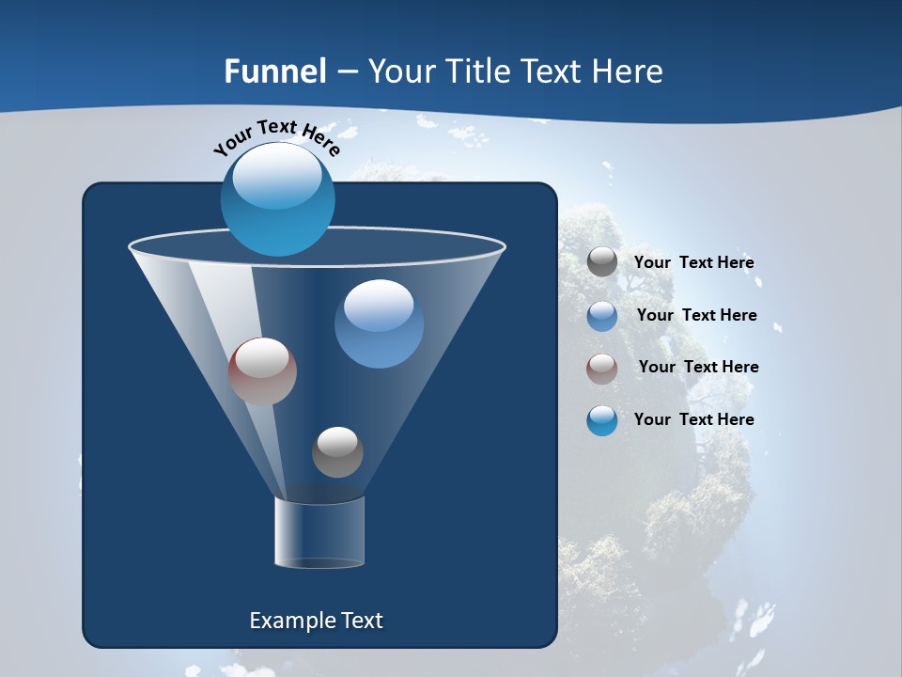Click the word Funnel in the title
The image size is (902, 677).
[x=275, y=71]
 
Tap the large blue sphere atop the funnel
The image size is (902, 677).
[x=278, y=198]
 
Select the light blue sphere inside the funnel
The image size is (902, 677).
[x=379, y=323]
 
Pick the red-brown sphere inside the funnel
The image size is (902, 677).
[x=262, y=370]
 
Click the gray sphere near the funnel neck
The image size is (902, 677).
[x=337, y=451]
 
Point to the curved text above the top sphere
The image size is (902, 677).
[x=277, y=136]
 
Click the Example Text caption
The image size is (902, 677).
[x=316, y=621]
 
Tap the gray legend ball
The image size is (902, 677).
[x=602, y=262]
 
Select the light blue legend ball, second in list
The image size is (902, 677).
[x=602, y=316]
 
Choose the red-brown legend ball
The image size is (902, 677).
[x=602, y=368]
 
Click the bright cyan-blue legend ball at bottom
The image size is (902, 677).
[x=602, y=420]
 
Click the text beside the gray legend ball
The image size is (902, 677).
[x=693, y=263]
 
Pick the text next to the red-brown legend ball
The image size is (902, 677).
[x=698, y=367]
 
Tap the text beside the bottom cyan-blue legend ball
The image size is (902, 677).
[x=693, y=419]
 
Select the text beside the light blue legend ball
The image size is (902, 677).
[x=696, y=315]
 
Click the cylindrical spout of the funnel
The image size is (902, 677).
[x=319, y=532]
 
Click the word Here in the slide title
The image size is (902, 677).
[x=629, y=71]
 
